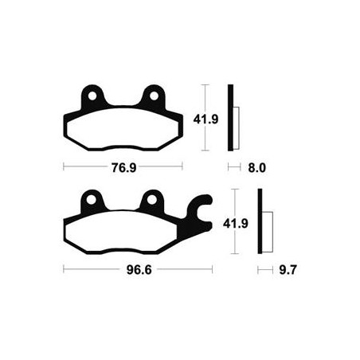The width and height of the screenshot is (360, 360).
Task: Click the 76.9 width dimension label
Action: click(x=123, y=167)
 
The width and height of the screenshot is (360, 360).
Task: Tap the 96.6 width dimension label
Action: click(x=139, y=270)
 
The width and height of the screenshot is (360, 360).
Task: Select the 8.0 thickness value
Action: click(x=256, y=168)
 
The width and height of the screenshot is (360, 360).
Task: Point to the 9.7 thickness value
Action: click(x=288, y=270)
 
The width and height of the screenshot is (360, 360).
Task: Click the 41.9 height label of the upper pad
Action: click(x=205, y=119)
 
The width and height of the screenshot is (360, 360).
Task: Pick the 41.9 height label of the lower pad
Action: click(x=236, y=223)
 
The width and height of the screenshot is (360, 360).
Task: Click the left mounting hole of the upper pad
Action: click(x=92, y=96)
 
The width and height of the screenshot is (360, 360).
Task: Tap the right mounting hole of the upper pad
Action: click(x=154, y=96)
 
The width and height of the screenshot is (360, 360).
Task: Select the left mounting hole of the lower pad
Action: click(x=91, y=200)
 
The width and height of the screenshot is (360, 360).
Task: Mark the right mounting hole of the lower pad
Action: click(x=152, y=200)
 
